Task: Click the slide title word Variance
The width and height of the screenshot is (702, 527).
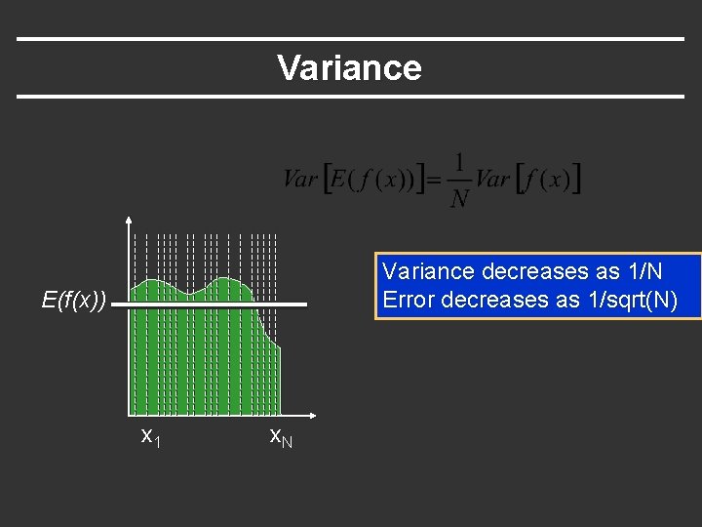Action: point(349,68)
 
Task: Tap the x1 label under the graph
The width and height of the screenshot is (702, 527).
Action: point(150,436)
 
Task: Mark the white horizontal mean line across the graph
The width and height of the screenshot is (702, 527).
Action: point(214,305)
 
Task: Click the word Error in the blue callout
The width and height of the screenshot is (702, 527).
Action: point(409,300)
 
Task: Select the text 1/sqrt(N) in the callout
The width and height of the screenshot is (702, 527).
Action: point(631,300)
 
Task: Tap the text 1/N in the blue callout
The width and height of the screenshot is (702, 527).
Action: point(643,270)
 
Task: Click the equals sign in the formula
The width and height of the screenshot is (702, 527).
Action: point(435,179)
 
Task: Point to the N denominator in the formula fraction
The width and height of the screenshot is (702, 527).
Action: point(459,198)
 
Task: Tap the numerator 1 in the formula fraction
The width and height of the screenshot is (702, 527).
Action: point(459,162)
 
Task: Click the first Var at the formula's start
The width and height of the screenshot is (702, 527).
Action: point(300,179)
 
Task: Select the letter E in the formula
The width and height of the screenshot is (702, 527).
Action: point(339,179)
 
